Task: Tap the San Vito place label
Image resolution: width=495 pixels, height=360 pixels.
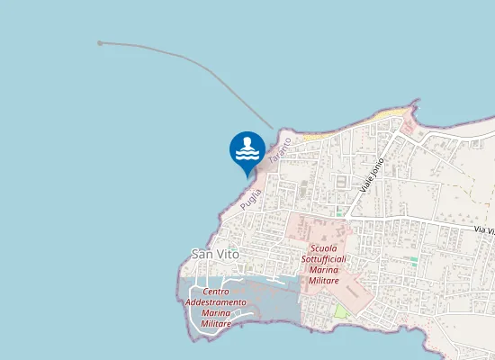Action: click(x=215, y=255)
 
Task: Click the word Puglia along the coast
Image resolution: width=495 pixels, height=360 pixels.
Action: click(x=250, y=194)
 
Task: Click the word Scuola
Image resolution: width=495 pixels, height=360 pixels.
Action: click(x=323, y=247)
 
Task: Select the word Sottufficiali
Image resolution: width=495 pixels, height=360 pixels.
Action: click(x=323, y=259)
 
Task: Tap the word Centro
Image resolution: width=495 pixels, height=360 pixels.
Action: click(x=216, y=292)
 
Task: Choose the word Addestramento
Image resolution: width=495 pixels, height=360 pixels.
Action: click(x=216, y=302)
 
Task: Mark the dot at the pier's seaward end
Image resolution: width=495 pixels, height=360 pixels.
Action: click(x=100, y=42)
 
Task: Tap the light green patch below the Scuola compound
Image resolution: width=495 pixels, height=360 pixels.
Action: click(x=341, y=310)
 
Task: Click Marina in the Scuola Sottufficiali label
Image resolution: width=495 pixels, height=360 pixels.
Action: click(x=323, y=270)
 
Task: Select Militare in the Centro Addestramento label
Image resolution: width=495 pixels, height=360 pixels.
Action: click(x=216, y=324)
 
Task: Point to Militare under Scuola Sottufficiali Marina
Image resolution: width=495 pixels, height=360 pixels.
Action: click(x=323, y=281)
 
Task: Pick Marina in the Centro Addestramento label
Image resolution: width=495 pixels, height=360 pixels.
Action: click(x=216, y=313)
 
